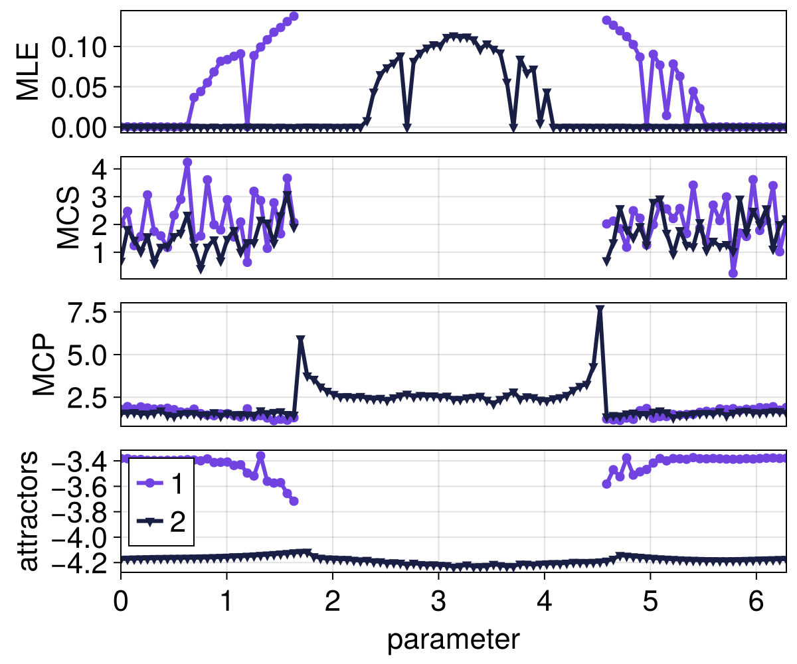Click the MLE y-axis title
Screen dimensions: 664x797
(28, 72)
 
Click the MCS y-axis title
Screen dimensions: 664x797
(68, 218)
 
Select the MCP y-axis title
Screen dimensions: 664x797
(44, 365)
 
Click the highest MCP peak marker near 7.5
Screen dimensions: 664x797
(600, 310)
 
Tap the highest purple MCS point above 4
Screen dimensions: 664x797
(187, 162)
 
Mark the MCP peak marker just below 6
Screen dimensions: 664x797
(301, 340)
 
